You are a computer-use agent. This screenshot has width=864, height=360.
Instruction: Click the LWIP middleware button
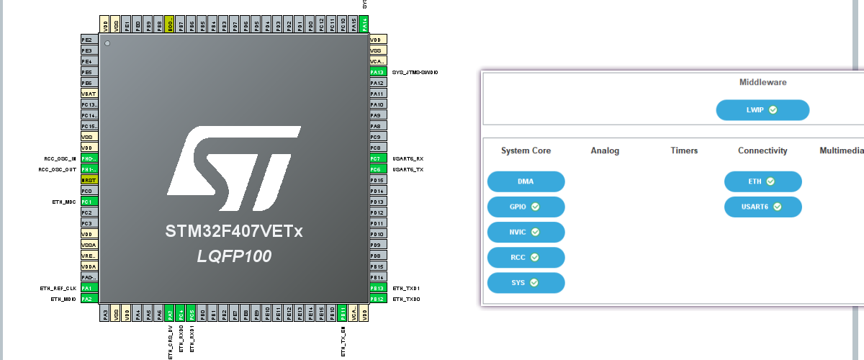(762, 110)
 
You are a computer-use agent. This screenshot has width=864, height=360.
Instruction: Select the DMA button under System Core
(526, 181)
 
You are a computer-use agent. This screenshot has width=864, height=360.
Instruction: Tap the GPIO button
(526, 207)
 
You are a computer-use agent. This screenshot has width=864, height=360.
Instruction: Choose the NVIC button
(526, 233)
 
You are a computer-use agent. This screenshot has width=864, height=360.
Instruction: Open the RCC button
(526, 258)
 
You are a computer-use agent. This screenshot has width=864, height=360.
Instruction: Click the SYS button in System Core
(526, 283)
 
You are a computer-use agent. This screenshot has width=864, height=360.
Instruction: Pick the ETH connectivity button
(762, 181)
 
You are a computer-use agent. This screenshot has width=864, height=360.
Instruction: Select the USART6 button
(762, 207)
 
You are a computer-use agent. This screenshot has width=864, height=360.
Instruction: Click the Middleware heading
(762, 82)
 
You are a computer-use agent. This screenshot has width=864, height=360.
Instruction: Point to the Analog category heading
(605, 150)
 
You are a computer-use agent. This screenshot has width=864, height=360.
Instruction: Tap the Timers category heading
(683, 150)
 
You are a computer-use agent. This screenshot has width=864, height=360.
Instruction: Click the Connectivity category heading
(762, 150)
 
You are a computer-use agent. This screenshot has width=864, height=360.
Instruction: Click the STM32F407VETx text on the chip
(235, 232)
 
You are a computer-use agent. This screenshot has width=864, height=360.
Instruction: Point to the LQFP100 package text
(235, 256)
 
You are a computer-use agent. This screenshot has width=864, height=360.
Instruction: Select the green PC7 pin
(377, 158)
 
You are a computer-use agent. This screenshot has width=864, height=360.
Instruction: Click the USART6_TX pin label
(408, 169)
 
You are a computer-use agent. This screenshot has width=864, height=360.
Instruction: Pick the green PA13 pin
(377, 72)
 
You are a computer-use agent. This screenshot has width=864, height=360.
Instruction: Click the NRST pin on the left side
(89, 180)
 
